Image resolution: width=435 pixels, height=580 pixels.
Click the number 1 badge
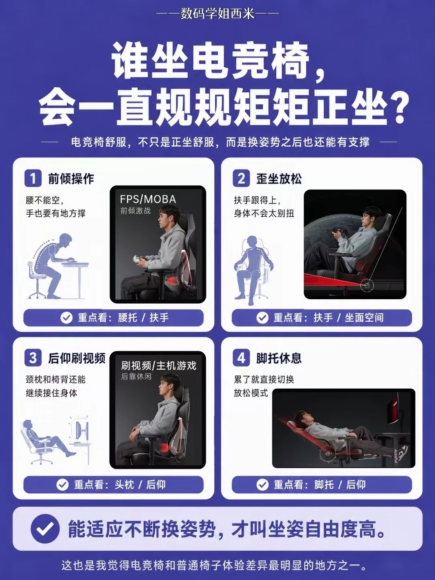point(33,178)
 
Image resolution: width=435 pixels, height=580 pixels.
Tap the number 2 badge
point(241,178)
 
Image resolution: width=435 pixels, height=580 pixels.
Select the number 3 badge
point(33,358)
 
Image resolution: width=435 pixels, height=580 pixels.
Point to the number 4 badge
point(241,358)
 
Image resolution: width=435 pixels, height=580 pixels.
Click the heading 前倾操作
point(71,178)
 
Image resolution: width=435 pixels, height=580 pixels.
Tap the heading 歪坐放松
point(279,178)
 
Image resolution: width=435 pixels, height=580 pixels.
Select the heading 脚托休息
point(279,358)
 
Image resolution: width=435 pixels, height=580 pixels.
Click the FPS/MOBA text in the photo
point(148,199)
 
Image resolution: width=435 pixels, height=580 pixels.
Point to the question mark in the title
point(396,109)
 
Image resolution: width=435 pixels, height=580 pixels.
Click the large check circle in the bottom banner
point(45,528)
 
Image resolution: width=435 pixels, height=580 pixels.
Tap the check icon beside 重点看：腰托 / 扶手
point(66,318)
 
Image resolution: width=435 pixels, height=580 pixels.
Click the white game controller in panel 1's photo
point(138,259)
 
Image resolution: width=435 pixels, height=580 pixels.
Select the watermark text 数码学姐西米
point(217,13)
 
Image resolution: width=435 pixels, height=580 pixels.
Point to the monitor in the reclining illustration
point(79,429)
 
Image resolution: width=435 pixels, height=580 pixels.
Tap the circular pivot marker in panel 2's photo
point(367,286)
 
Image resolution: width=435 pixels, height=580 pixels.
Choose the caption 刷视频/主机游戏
point(158,366)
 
